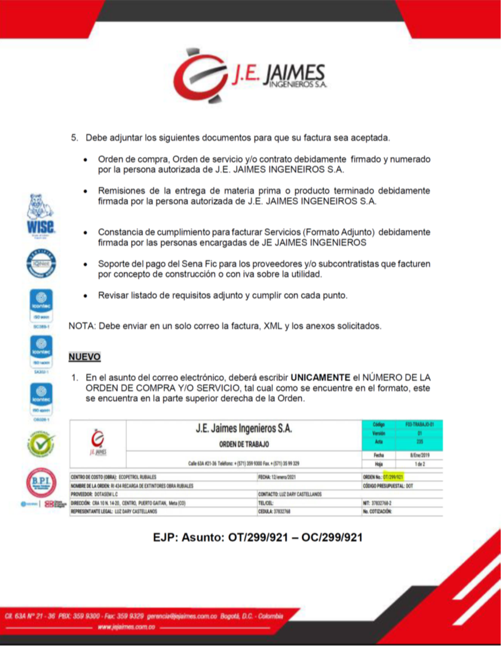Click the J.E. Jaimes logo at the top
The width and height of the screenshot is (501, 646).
tap(250, 80)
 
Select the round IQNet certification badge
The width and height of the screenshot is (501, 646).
tap(41, 265)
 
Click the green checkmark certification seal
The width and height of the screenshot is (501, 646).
tap(41, 444)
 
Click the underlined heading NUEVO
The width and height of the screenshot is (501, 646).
tap(84, 357)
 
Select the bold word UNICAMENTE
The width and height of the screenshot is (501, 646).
tap(320, 378)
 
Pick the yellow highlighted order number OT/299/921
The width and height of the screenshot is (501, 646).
tap(394, 477)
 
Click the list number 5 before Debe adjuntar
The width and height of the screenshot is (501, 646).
tap(74, 138)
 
